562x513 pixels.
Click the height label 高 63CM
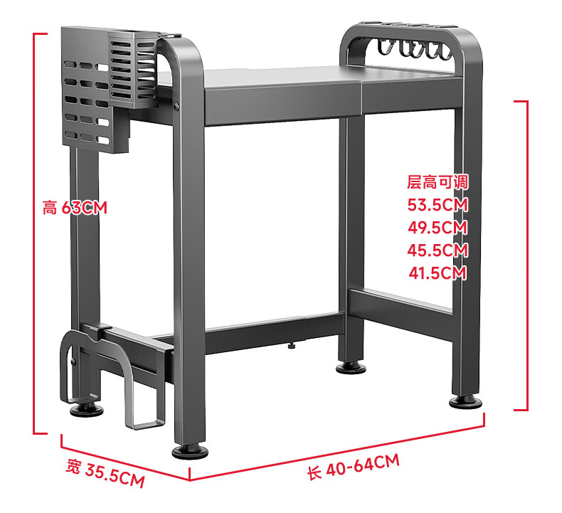coord(75,207)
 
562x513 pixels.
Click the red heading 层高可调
coord(438,181)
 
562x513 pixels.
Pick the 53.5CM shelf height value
coord(438,205)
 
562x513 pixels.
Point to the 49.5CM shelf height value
coord(438,227)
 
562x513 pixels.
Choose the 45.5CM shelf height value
coord(438,250)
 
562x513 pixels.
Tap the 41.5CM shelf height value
coord(438,273)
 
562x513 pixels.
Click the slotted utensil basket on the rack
coord(133,69)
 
